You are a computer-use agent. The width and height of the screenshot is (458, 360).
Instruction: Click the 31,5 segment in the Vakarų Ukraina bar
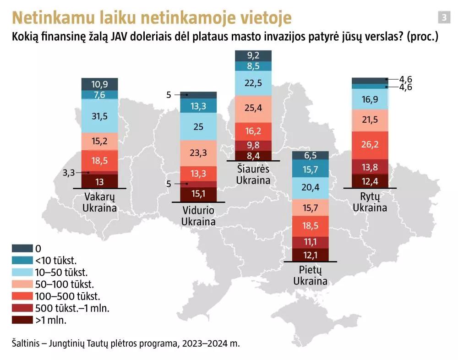(99, 116)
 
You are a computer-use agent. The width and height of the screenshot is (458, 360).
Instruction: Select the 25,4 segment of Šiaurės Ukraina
(253, 109)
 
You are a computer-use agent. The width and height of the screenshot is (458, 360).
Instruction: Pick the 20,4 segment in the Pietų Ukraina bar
(311, 187)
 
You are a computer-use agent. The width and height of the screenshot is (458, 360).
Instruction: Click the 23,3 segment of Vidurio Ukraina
(198, 153)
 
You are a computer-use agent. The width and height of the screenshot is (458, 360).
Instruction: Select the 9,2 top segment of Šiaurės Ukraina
(253, 55)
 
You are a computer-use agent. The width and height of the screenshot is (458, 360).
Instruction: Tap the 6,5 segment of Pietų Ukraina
(311, 155)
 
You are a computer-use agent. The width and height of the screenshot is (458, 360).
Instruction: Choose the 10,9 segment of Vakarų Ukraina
(99, 84)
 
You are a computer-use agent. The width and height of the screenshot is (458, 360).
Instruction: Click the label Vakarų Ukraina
(99, 202)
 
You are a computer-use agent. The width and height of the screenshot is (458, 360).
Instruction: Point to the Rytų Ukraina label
(370, 202)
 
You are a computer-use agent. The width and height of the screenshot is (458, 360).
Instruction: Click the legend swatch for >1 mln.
(22, 320)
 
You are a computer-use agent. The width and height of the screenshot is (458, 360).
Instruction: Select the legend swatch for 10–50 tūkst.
(22, 272)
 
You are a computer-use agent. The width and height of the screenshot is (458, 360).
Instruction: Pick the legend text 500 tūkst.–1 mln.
(72, 308)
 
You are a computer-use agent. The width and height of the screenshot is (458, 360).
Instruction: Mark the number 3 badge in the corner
(443, 17)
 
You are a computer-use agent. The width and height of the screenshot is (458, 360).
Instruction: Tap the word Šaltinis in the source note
(27, 343)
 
